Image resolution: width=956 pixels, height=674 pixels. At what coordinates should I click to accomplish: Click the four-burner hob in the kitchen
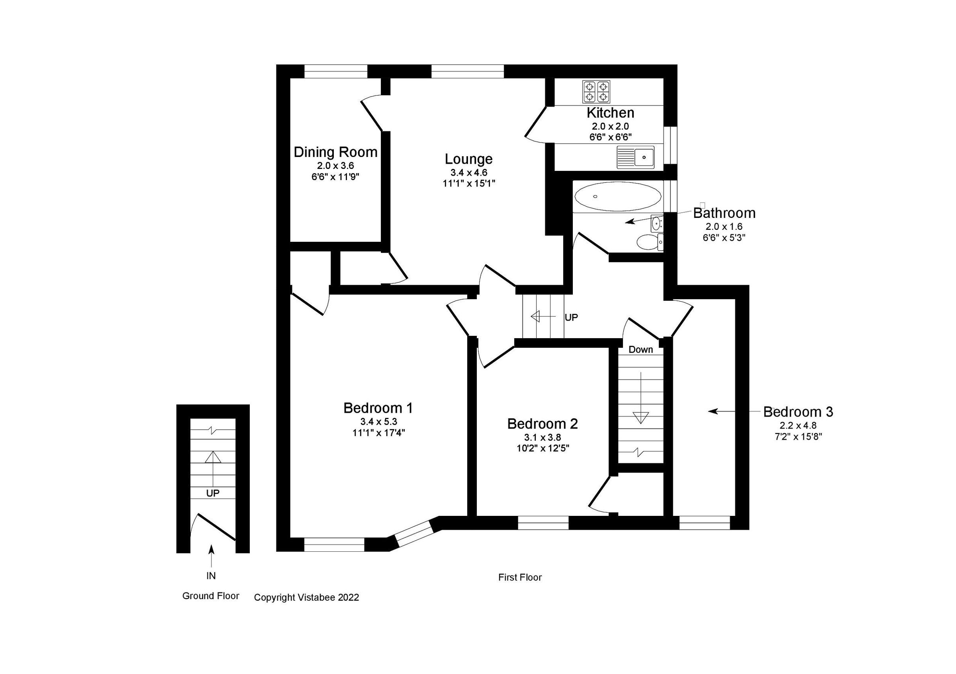[596, 92]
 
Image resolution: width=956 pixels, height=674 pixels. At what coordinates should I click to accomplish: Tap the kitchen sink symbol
[635, 157]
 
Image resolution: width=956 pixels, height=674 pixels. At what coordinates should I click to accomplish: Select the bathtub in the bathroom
[617, 196]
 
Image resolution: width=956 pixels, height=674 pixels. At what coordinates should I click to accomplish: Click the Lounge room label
[468, 159]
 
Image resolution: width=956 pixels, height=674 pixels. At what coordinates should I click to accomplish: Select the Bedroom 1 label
[378, 408]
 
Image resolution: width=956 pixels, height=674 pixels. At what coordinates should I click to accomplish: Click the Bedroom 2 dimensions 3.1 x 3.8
[543, 437]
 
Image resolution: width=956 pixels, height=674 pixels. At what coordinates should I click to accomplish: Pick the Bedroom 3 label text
[798, 412]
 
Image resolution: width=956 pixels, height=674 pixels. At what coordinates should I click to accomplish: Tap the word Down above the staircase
[641, 350]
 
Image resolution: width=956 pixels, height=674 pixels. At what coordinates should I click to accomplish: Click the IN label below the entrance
[211, 576]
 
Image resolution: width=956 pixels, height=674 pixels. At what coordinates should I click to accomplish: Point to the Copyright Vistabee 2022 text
[306, 598]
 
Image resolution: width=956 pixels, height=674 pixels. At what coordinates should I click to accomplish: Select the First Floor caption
[520, 578]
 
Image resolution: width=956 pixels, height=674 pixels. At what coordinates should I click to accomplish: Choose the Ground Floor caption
[211, 596]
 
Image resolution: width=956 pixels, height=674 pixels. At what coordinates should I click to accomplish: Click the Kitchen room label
[610, 113]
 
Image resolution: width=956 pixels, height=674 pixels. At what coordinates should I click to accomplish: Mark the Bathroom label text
[724, 213]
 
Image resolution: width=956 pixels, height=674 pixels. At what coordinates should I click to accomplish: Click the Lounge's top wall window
[468, 71]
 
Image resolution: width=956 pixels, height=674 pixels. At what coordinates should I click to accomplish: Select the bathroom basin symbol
[656, 224]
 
